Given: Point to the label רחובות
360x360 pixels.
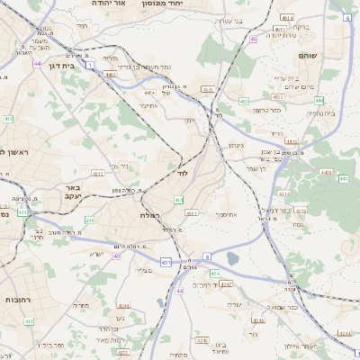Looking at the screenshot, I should click(x=19, y=299).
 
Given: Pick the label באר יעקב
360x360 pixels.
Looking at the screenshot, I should click(x=73, y=192).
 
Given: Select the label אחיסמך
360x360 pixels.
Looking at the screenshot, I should click(x=228, y=214).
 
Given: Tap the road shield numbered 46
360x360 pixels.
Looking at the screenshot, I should click(x=255, y=39).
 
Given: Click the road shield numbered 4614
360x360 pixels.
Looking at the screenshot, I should click(x=286, y=17).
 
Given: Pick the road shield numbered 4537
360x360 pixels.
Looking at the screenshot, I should click(x=278, y=96).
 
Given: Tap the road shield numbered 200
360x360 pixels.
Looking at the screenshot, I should click(x=89, y=219).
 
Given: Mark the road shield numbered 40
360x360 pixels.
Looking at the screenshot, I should click(x=117, y=256).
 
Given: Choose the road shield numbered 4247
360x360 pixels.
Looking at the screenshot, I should click(x=227, y=284).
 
